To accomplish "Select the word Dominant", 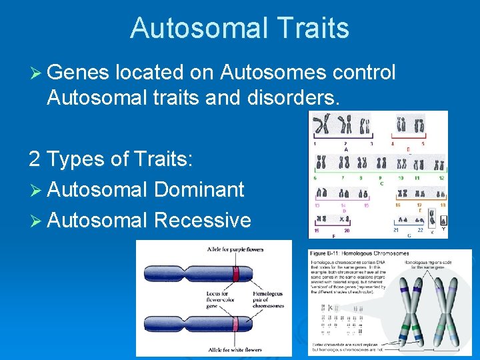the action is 199,189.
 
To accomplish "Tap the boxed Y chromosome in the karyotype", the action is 443,221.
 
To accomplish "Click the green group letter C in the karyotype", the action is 381,183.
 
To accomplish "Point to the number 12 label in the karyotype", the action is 441,179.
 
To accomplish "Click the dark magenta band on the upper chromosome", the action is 235,274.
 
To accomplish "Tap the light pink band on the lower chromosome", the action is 235,325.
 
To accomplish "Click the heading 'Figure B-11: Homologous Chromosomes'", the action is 360,253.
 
